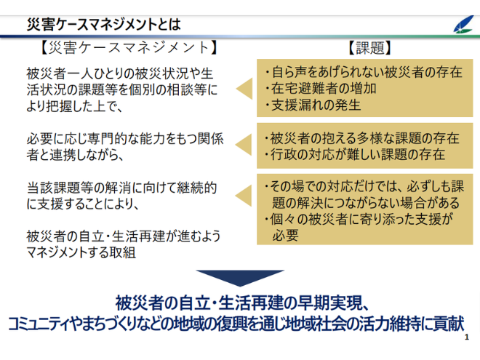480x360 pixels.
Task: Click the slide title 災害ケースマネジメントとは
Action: [104, 25]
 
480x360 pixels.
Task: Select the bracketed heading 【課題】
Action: [369, 48]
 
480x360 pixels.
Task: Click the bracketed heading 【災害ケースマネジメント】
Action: [129, 48]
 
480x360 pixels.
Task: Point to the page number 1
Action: [466, 337]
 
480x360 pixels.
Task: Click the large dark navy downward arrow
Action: [240, 277]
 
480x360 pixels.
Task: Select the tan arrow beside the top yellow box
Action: [244, 89]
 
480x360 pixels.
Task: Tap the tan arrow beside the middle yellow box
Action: [244, 145]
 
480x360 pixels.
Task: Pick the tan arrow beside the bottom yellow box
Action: [244, 196]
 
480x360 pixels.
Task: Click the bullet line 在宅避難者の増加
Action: [321, 89]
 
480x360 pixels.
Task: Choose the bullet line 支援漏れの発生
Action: [313, 105]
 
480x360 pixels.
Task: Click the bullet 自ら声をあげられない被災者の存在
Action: [364, 72]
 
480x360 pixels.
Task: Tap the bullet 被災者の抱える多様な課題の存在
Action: [362, 138]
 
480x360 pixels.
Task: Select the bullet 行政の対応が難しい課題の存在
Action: [355, 154]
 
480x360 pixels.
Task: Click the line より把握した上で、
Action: [74, 106]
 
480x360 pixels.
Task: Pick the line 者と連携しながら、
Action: [75, 155]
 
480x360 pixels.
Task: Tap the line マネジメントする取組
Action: [81, 252]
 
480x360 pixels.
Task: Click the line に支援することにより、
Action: [83, 204]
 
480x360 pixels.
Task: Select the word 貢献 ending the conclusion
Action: [451, 324]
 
